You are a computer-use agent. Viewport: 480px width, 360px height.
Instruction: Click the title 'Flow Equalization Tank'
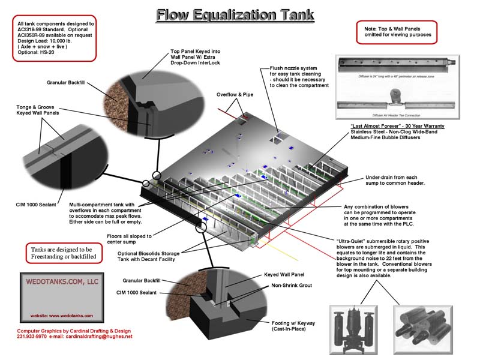[235, 14]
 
